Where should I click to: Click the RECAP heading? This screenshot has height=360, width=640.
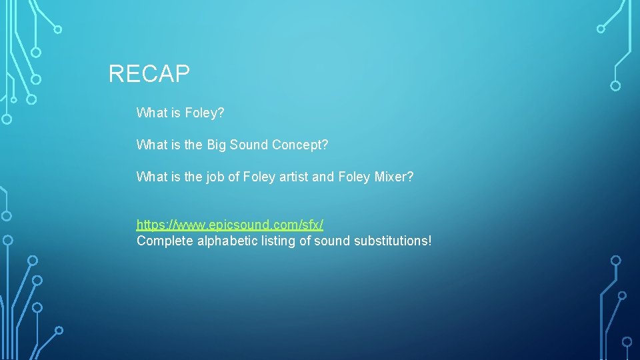coord(149,73)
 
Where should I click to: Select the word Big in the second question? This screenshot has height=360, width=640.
coord(217,145)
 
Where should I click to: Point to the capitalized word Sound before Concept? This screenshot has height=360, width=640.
coord(249,145)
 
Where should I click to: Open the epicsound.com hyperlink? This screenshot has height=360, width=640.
coord(229,225)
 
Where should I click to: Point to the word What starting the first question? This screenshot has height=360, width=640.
coord(151,113)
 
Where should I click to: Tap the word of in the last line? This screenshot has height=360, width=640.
coord(305,241)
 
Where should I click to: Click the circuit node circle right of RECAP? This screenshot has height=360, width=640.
coord(615,86)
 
